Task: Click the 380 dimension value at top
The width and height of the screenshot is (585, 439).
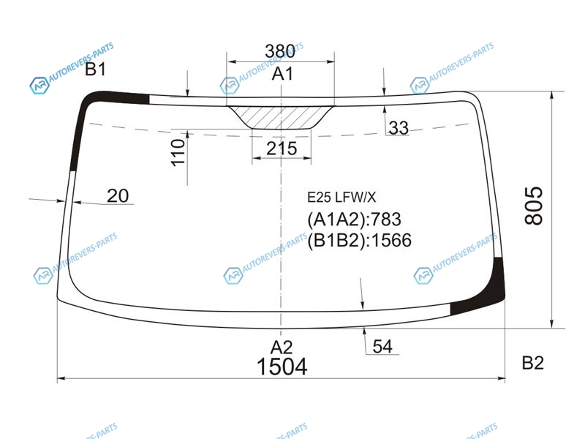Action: point(280,51)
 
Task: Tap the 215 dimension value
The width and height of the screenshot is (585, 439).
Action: point(282,149)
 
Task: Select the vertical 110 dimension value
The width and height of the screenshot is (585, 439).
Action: point(178,152)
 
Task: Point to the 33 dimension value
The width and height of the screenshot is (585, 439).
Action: point(399,127)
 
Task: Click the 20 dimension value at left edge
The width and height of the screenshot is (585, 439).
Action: point(118,196)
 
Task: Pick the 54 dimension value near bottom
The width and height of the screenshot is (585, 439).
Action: point(382,346)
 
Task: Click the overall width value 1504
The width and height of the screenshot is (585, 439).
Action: point(282,367)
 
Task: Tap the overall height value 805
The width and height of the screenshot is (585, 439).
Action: point(534,206)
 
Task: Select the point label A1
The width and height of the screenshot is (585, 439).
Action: point(282,74)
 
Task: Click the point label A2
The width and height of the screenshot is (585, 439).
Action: point(282,348)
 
